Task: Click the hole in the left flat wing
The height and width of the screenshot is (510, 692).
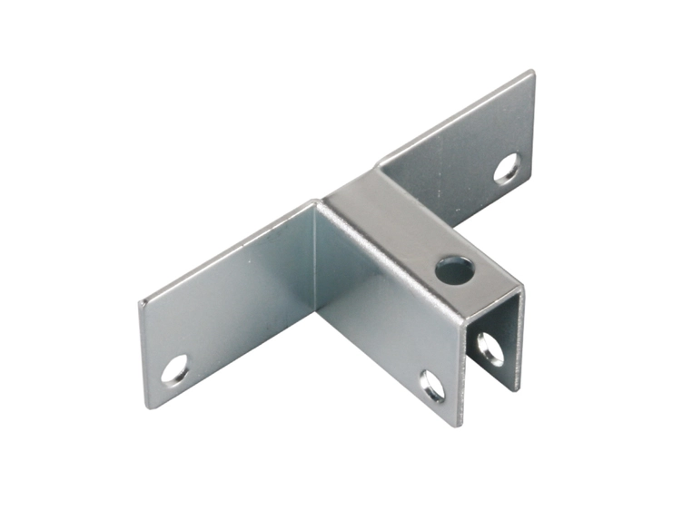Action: (x=175, y=368)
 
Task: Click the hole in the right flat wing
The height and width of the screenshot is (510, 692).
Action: (x=507, y=169)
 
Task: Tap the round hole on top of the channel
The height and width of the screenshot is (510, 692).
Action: (x=454, y=269)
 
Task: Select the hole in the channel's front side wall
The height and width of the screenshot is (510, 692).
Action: (x=432, y=386)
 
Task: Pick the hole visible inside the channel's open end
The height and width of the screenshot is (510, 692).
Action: (x=489, y=348)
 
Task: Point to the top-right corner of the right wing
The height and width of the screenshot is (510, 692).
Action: (x=532, y=72)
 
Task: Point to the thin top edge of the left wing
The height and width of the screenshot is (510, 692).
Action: (x=227, y=250)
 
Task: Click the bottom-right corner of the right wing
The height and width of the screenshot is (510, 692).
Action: (x=532, y=177)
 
